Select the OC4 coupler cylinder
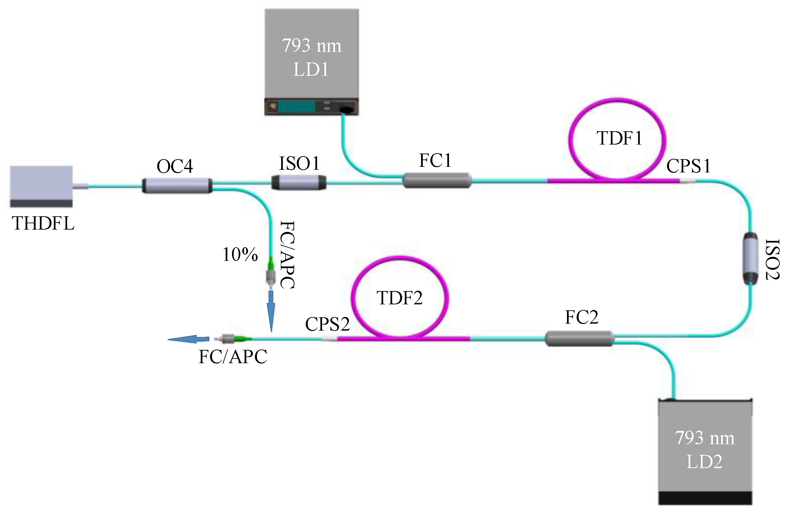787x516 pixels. [x=177, y=185]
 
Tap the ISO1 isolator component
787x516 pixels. [x=298, y=182]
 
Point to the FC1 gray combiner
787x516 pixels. [x=437, y=180]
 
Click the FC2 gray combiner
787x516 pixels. [x=579, y=339]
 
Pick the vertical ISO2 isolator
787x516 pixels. [x=750, y=258]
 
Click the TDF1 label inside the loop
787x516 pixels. [x=619, y=138]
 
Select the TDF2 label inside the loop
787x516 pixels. [x=399, y=298]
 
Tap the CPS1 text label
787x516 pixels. [x=688, y=166]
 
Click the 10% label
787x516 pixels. [x=240, y=255]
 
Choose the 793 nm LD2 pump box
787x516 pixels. [x=705, y=445]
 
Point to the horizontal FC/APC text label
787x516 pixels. [x=233, y=357]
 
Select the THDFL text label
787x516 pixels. [x=43, y=223]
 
